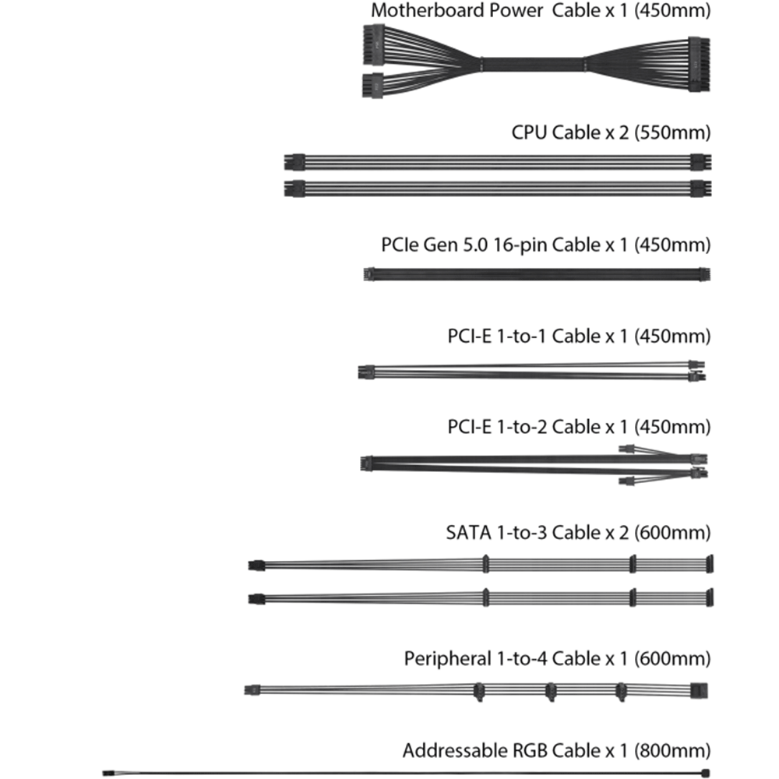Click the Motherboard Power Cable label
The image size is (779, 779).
coord(541,11)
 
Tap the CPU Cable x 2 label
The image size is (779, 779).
coord(611,132)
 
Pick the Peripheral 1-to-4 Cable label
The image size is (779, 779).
coord(557,658)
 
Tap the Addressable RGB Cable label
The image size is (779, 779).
coord(556,751)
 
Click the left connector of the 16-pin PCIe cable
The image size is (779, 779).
coord(368,274)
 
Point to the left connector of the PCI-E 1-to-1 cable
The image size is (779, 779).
coord(364,372)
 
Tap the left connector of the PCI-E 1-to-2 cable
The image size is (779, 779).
coord(366,464)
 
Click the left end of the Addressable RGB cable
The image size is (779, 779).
coord(106,773)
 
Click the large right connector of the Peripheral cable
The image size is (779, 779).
coord(700,689)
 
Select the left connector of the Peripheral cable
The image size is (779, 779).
coord(251,689)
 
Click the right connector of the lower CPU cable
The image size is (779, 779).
coord(700,188)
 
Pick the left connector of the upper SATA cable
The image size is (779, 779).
coord(252,564)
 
